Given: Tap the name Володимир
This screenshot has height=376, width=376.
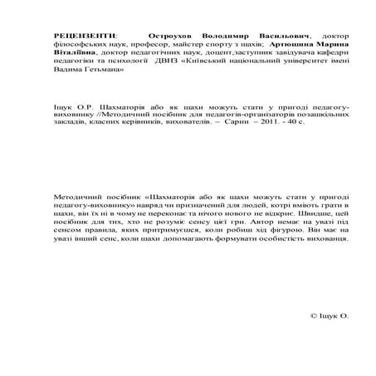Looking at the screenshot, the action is pos(226,37).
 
